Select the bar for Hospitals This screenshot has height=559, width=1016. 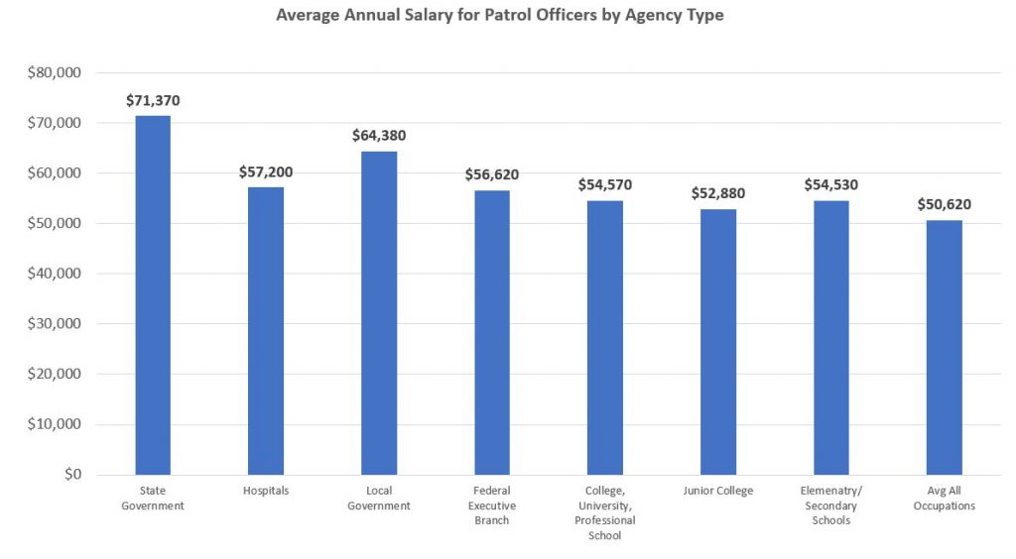click(266, 331)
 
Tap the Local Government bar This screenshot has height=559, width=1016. click(379, 313)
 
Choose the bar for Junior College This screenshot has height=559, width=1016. click(718, 342)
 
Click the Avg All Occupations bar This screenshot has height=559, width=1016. click(945, 347)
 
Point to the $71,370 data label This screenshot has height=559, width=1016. click(153, 100)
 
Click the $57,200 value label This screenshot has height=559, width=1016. click(266, 171)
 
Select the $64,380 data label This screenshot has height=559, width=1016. click(379, 136)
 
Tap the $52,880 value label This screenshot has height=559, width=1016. click(718, 193)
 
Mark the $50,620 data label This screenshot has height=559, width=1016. click(945, 204)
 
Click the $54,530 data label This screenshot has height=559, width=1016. click(831, 184)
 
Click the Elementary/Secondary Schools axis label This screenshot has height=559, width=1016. click(831, 505)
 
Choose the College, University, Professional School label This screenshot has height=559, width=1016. click(605, 513)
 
